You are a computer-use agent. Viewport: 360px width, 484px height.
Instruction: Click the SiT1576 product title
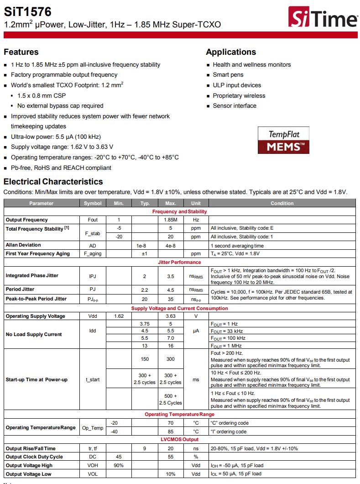tap(28, 11)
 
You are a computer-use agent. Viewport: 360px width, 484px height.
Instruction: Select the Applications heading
tap(231, 52)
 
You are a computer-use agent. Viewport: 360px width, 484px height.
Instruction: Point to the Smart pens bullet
tap(228, 75)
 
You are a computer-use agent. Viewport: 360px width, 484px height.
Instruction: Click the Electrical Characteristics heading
tap(53, 181)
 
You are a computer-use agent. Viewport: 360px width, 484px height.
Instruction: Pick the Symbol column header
tap(93, 203)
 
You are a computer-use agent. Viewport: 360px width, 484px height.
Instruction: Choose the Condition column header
tap(282, 203)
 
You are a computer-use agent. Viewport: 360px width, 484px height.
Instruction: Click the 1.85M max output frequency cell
tap(170, 220)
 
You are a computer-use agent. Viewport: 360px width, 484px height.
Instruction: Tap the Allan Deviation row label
tap(23, 245)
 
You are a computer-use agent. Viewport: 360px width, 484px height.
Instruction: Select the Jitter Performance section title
tap(179, 262)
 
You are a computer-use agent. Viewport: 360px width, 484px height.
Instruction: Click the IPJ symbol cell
tap(93, 276)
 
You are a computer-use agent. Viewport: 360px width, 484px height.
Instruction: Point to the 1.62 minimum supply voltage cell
tap(118, 316)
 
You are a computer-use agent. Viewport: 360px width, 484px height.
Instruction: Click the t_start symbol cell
tap(93, 379)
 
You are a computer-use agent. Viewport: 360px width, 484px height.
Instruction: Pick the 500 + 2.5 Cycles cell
tap(170, 400)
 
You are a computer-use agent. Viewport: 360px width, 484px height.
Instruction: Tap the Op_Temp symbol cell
tap(93, 427)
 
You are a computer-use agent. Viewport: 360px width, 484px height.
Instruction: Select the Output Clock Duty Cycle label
tap(34, 457)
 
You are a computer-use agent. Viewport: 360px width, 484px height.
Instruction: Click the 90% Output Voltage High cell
tap(118, 465)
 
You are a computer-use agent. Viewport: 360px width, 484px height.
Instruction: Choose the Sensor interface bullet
tap(235, 106)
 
